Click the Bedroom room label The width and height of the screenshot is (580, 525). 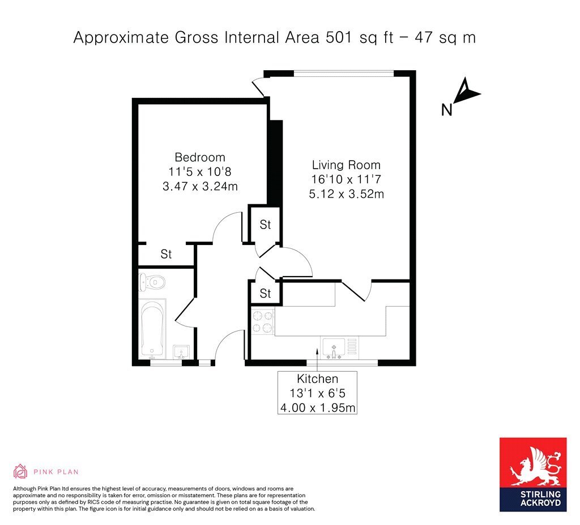[x=200, y=157]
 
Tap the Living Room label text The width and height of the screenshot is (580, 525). [x=346, y=165]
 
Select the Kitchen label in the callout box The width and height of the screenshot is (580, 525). [x=317, y=378]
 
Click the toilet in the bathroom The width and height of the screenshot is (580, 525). [x=152, y=283]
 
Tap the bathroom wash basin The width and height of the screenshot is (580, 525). [x=181, y=352]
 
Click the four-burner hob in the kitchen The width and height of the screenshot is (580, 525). [x=263, y=321]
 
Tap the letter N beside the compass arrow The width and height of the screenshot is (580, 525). [x=446, y=110]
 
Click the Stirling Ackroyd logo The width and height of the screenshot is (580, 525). [x=533, y=475]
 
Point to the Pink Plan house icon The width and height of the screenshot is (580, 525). [x=20, y=471]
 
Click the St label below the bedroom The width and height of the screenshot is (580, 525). [x=166, y=254]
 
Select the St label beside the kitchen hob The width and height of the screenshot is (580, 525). [x=265, y=294]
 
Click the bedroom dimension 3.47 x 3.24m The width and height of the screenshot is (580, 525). [x=200, y=186]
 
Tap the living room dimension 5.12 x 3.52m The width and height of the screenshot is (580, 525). [x=346, y=193]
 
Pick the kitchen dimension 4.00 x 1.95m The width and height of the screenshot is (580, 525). [x=318, y=407]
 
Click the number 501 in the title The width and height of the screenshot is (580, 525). [x=339, y=38]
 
